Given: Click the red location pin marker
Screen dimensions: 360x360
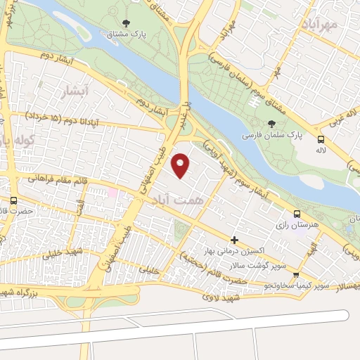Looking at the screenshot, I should click(x=181, y=165).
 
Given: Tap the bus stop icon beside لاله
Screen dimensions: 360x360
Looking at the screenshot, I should click(x=321, y=139).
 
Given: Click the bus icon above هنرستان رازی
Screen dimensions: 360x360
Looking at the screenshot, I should click(x=297, y=213).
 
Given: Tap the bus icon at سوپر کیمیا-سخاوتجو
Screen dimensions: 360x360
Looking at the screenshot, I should click(x=296, y=275).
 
